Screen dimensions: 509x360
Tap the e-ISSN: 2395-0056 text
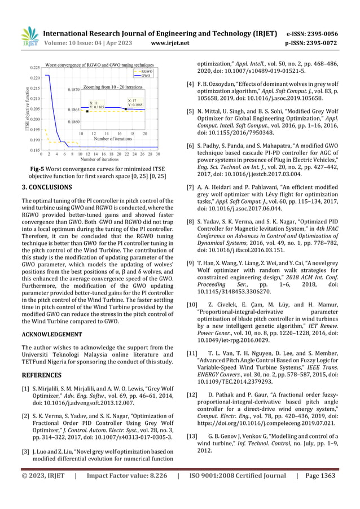[x=321, y=32]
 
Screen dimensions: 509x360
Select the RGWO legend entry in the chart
[x=146, y=72]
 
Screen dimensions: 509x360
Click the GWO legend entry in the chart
[x=146, y=76]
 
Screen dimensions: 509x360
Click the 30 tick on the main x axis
[x=158, y=153]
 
